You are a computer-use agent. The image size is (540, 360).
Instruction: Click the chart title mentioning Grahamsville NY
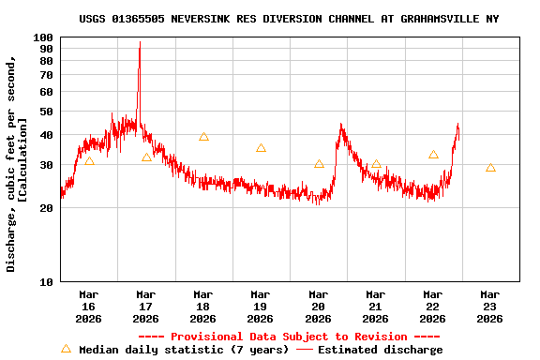pos(289,19)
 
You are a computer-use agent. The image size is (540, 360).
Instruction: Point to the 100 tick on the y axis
pos(43,37)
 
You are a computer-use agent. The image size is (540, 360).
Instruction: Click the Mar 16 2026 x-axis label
pos(89,307)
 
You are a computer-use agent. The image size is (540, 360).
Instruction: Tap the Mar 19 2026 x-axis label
pos(261,307)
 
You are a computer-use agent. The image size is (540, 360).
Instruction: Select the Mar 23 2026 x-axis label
pos(489,307)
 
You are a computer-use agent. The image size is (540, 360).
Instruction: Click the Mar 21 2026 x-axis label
pos(375,307)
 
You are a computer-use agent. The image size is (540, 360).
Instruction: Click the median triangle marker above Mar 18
pos(203,137)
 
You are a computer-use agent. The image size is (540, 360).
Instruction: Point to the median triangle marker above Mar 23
pos(490,168)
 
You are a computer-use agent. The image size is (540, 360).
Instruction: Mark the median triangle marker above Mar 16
pos(89,160)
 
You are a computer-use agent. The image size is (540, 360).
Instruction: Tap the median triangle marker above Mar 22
pos(433,155)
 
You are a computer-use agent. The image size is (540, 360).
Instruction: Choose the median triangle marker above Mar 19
pos(261,148)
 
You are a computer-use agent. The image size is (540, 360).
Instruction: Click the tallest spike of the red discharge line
pos(140,43)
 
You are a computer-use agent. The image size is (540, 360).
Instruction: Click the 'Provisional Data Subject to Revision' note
pos(289,337)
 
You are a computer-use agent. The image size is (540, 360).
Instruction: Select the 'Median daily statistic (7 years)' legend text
pos(184,350)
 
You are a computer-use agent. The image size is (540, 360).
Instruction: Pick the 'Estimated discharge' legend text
pos(380,350)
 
